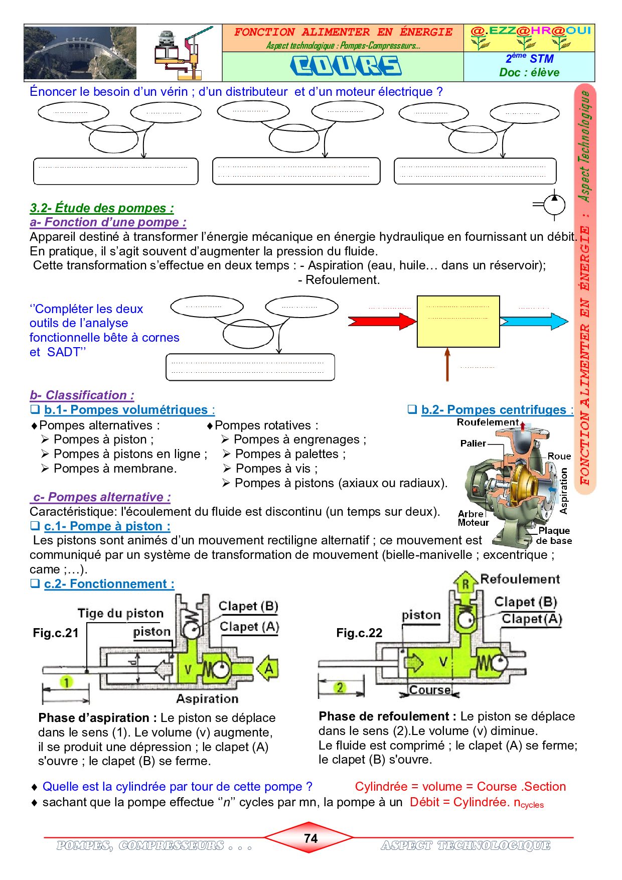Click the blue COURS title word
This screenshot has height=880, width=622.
346,66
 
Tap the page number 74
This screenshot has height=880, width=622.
310,838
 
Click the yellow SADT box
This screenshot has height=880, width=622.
458,322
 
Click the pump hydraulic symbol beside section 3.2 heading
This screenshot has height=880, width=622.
552,205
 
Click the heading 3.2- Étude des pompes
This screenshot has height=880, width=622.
102,208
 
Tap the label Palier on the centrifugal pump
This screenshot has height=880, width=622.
473,444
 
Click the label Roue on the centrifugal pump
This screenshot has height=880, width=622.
559,456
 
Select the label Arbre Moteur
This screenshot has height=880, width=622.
473,518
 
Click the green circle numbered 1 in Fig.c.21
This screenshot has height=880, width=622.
66,682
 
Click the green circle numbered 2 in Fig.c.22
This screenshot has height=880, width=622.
340,687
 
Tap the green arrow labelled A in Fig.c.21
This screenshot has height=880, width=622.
267,668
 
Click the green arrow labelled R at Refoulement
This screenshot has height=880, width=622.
465,583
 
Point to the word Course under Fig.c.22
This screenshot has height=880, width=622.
430,690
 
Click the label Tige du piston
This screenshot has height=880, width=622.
120,613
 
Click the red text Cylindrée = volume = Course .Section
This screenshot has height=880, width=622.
460,787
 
